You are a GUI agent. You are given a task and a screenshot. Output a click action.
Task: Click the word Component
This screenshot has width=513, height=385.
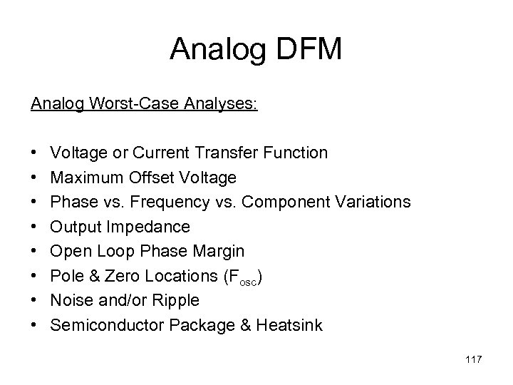pos(286,202)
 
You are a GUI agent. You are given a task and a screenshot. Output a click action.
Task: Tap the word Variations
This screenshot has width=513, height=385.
pos(372,202)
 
